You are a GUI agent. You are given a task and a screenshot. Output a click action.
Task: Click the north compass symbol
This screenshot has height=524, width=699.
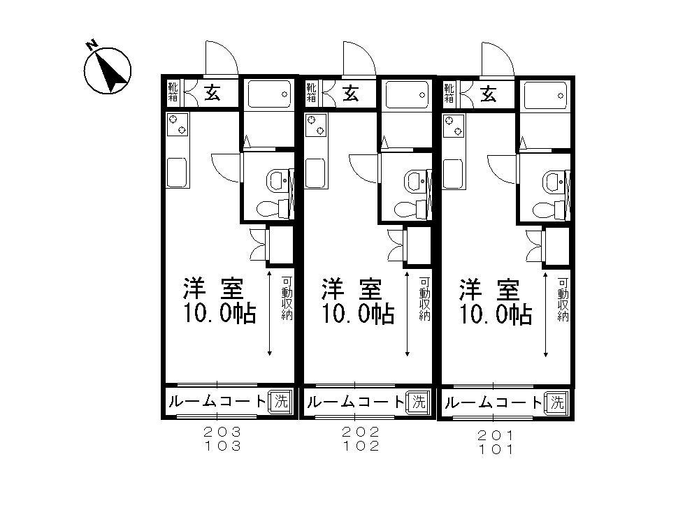click(107, 69)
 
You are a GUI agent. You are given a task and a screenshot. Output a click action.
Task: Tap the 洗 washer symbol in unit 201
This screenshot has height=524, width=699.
click(556, 402)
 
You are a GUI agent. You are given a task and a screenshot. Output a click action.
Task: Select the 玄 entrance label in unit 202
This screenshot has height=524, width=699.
click(352, 93)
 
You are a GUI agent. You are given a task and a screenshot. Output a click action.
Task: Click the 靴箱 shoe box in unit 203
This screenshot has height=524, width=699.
click(173, 92)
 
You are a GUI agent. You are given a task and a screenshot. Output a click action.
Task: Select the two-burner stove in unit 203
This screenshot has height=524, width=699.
click(177, 125)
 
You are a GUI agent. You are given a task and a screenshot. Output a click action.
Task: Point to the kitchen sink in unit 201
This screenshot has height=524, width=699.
click(454, 173)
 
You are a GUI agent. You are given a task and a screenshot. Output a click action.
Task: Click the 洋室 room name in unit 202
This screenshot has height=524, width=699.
click(352, 288)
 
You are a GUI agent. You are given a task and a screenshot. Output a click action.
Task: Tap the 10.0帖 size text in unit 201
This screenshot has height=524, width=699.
click(496, 314)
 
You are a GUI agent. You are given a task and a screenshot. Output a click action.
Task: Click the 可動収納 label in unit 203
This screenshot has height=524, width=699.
click(287, 300)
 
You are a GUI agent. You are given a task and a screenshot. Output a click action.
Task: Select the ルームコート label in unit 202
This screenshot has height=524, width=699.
click(355, 402)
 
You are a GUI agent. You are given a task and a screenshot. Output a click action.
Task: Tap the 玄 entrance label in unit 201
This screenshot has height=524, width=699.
click(489, 93)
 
